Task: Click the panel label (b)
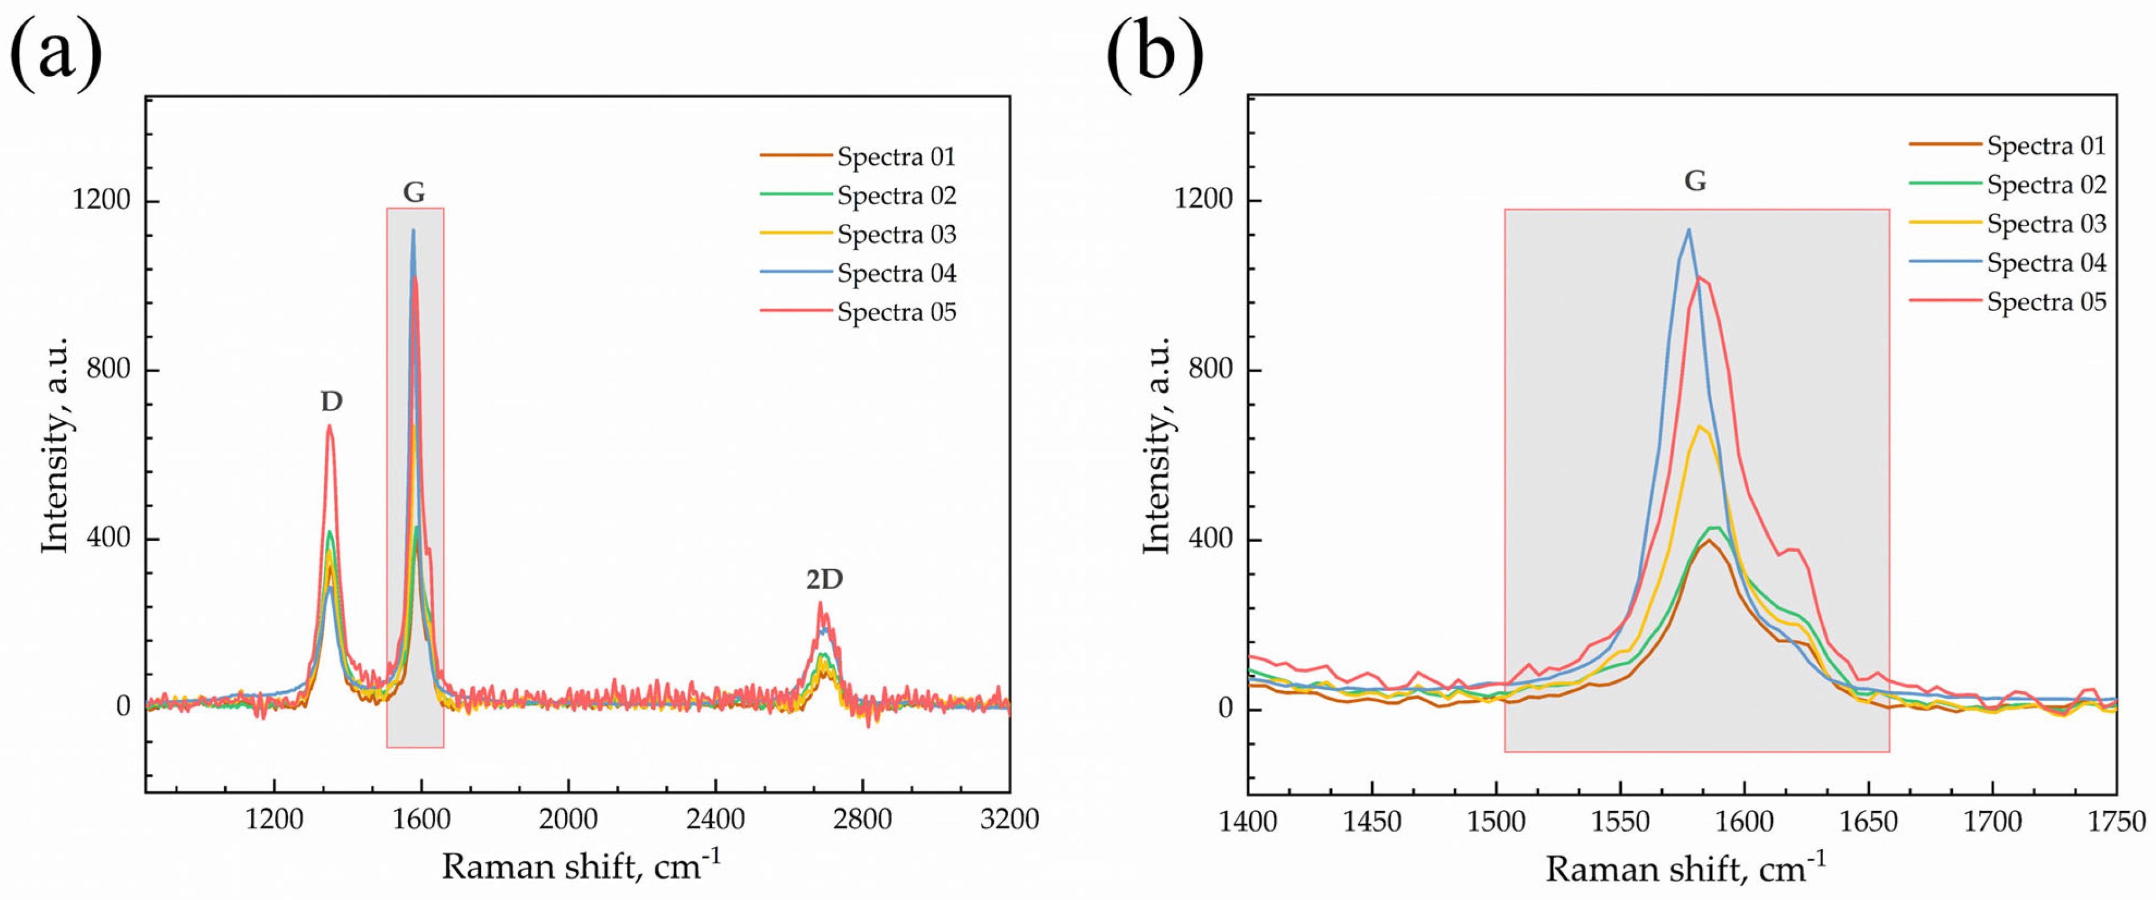1155,54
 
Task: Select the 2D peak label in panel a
824,580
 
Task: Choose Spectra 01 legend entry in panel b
2045,146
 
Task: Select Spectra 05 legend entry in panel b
2045,302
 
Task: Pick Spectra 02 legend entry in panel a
895,196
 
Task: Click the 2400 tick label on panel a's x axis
715,820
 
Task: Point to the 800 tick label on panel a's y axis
109,369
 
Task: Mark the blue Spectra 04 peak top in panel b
1688,230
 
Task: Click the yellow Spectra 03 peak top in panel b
1699,427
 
